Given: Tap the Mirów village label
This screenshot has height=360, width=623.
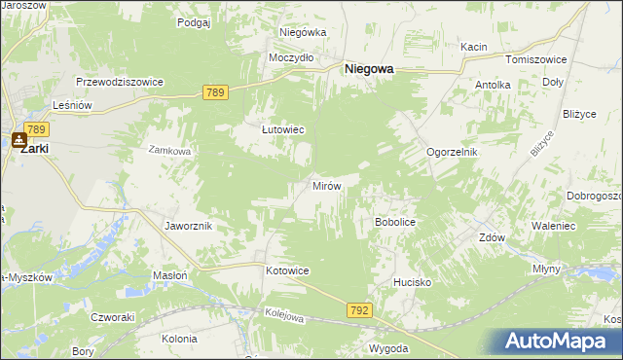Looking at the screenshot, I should (x=324, y=185).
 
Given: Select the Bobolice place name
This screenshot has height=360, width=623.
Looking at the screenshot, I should (x=395, y=222).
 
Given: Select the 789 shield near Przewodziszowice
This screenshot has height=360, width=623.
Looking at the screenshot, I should (x=216, y=92).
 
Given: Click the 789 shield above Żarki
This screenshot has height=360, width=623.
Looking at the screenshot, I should (x=37, y=128).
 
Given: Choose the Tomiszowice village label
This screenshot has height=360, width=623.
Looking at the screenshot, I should (x=530, y=59).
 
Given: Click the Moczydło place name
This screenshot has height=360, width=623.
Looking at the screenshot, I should (x=291, y=57).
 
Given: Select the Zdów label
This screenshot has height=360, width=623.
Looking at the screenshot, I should (x=492, y=236).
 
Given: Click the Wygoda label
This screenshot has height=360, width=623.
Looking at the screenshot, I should (x=387, y=348).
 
